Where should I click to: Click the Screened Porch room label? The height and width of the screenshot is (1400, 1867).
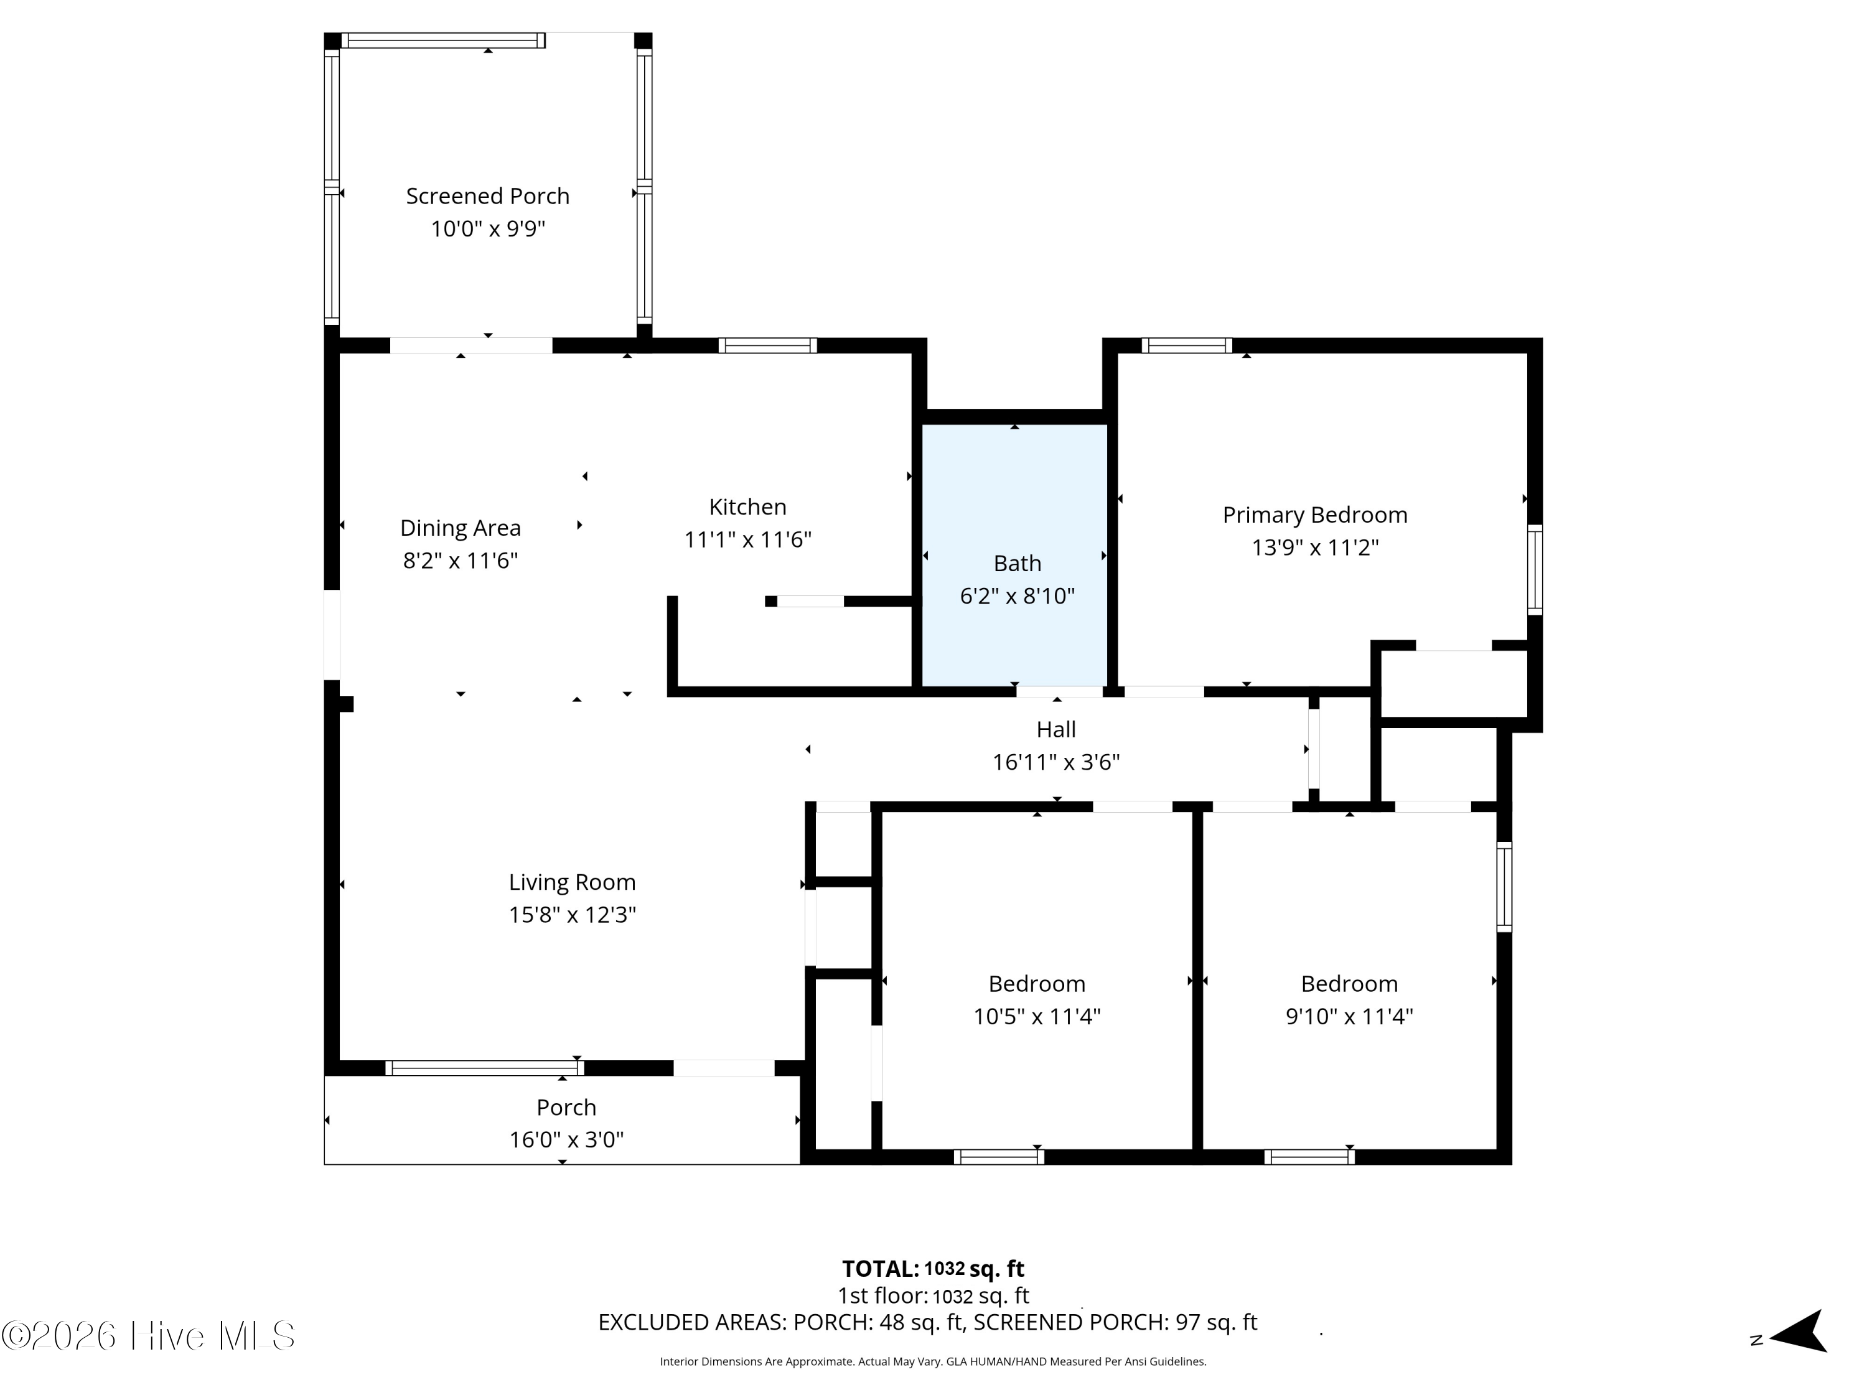pos(488,197)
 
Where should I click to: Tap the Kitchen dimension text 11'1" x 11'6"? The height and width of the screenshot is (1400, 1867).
pos(748,539)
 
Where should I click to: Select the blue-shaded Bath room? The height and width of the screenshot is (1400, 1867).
pos(1014,555)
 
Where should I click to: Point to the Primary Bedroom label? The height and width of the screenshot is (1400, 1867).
pos(1315,515)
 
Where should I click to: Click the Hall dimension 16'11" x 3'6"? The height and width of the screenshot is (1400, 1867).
pos(1056,762)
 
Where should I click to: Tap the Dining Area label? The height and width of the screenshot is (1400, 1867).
pos(460,528)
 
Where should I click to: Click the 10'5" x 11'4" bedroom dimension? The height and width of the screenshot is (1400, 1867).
pos(1037,1016)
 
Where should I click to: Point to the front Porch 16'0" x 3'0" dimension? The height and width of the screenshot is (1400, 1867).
pos(566,1140)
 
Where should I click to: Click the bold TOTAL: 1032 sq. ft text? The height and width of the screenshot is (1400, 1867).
pos(933,1268)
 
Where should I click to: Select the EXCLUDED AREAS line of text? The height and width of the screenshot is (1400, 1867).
pos(928,1322)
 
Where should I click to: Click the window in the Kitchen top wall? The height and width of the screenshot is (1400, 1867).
pos(767,345)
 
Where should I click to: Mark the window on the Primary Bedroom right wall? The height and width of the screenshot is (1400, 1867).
pos(1535,569)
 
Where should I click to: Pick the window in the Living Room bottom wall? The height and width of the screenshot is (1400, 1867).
pos(484,1068)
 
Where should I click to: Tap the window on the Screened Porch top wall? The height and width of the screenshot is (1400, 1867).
pos(443,40)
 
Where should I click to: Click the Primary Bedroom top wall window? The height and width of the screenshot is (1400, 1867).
pos(1187,345)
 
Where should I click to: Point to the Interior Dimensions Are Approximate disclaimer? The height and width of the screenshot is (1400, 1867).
pos(933,1361)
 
